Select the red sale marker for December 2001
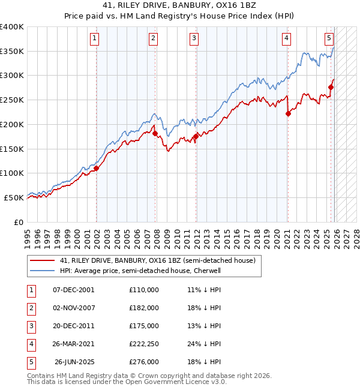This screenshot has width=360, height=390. point(96,169)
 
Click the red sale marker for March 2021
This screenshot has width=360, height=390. point(288,113)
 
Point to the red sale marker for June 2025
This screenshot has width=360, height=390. point(331,88)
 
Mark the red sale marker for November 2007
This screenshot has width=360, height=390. point(154,133)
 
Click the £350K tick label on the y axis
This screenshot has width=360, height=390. point(12,52)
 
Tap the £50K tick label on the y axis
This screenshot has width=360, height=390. point(14,197)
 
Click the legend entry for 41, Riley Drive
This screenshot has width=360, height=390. point(158,260)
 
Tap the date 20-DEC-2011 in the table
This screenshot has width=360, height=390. point(74,326)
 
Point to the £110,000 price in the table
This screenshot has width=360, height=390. point(144,290)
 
